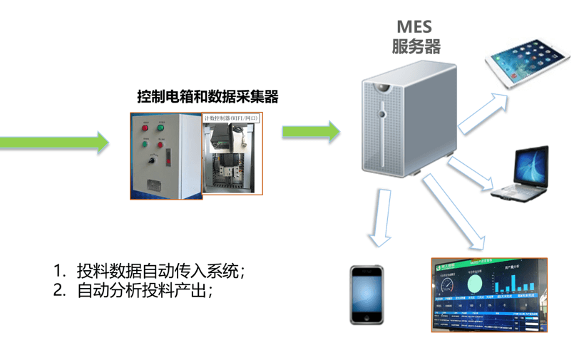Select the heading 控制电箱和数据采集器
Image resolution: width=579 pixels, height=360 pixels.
207,96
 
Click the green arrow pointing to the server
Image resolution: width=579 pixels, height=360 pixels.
311,131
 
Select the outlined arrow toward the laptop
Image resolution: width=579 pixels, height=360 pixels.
471,175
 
